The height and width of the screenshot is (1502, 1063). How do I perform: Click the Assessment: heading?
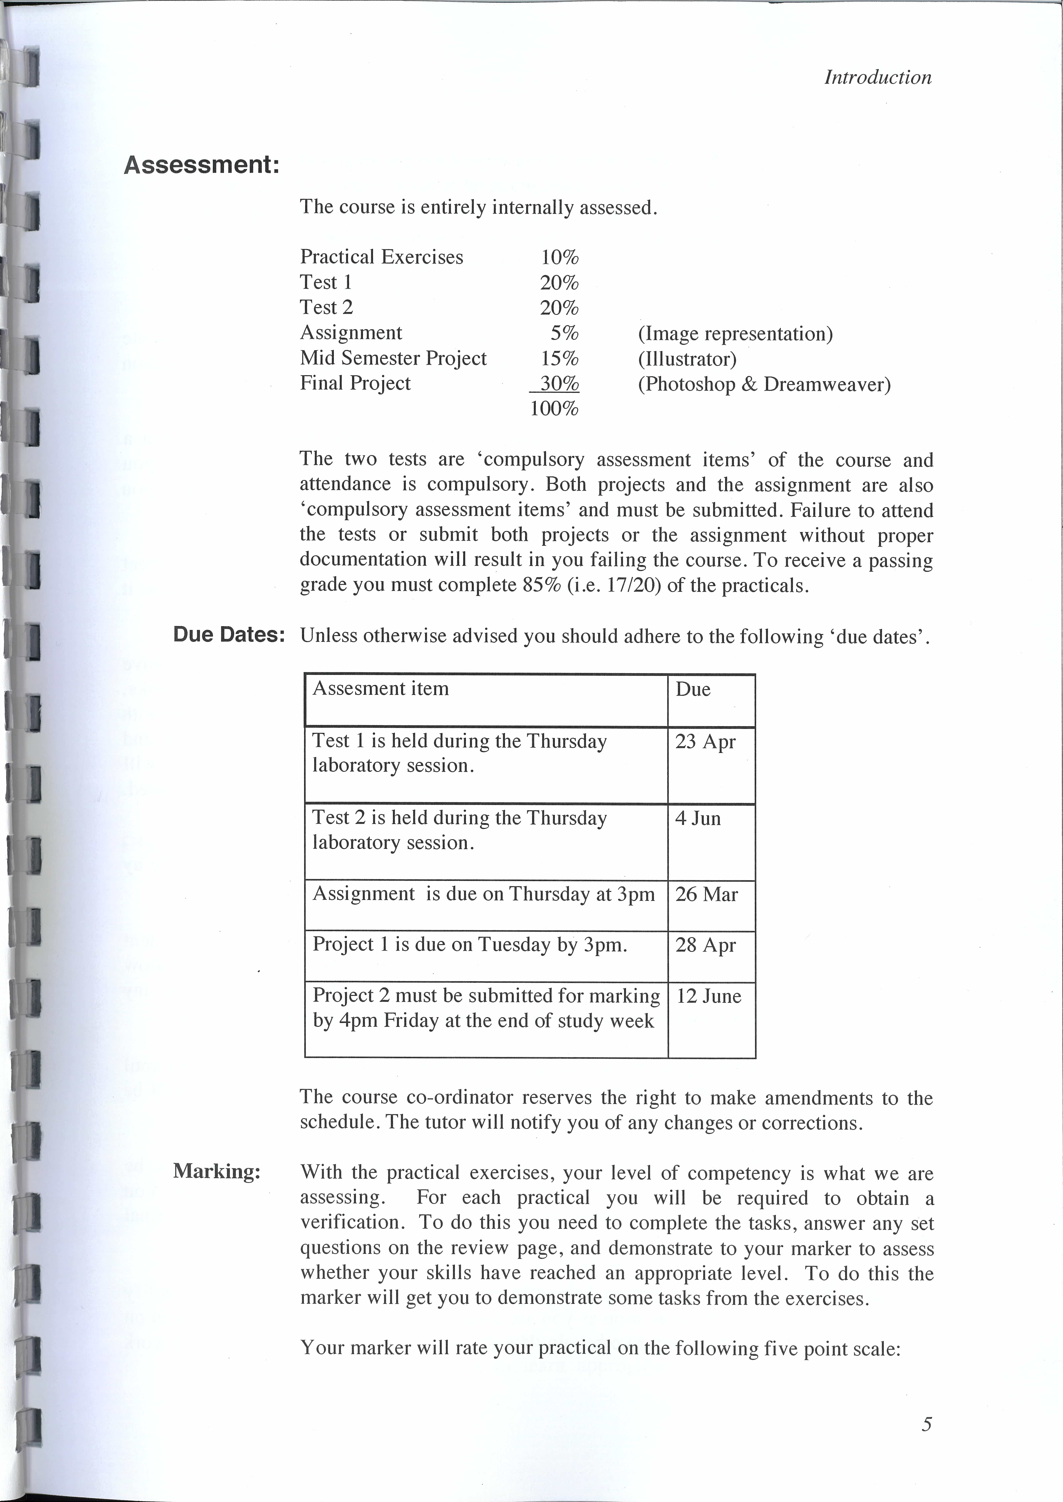coord(202,165)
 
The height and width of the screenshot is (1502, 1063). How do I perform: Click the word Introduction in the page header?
coord(877,77)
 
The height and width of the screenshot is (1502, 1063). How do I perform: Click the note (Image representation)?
coord(735,334)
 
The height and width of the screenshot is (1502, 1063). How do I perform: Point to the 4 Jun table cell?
coord(698,818)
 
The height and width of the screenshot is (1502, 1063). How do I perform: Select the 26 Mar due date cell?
coord(706,894)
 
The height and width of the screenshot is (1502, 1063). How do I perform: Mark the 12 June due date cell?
coord(708,996)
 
